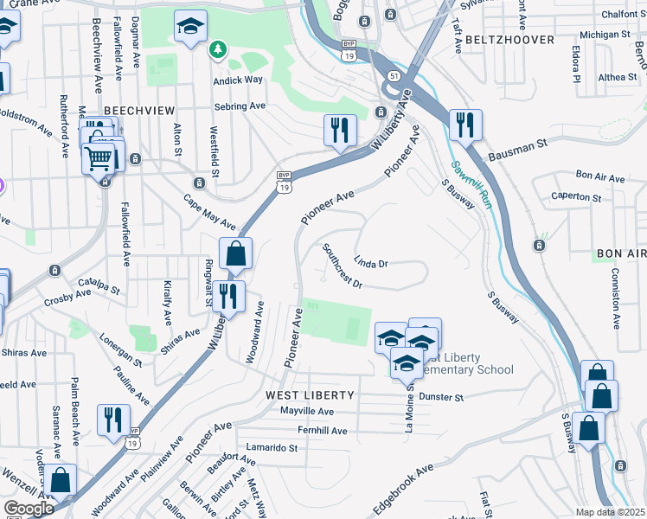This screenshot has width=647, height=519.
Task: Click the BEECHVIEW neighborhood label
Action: click(138, 111)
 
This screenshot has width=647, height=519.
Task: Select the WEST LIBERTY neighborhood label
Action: click(310, 394)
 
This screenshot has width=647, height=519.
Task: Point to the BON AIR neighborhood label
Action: click(621, 253)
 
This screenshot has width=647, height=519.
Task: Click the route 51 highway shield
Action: click(394, 76)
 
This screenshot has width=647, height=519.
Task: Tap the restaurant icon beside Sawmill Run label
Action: click(465, 125)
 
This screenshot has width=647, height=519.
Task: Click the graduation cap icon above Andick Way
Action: click(190, 27)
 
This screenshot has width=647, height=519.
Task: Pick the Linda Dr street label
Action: click(370, 262)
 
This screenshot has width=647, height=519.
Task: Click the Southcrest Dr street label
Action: click(341, 266)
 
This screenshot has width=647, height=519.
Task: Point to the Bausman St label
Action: click(518, 151)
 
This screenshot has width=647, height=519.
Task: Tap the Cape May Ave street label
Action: click(208, 211)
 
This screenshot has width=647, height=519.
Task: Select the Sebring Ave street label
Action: click(240, 106)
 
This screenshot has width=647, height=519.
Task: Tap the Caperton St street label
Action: click(576, 197)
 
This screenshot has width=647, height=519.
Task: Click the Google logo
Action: click(28, 508)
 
